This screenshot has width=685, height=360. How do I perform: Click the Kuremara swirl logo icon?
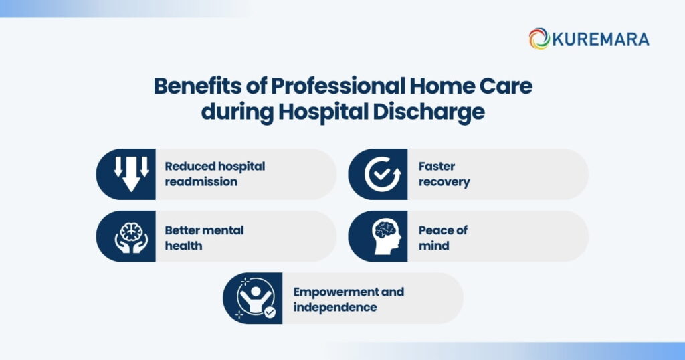point(539,38)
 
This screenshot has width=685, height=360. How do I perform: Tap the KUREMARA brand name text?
point(601,39)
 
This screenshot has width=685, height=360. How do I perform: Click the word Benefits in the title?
point(197,86)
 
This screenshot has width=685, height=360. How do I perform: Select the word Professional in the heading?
point(338,86)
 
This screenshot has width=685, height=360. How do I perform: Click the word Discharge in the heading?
point(429,112)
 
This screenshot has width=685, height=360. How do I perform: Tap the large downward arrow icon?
point(131,174)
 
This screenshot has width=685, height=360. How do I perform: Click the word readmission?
point(201,182)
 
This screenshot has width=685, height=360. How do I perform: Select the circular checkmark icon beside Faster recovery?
point(382,175)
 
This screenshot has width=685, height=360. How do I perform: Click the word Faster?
point(436,167)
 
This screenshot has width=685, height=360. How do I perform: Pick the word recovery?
point(444,182)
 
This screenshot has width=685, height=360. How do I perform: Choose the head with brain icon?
point(386,236)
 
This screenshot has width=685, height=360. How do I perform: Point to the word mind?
point(433,246)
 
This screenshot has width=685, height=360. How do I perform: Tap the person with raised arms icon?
point(256,298)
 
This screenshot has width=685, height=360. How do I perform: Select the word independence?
point(335,308)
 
